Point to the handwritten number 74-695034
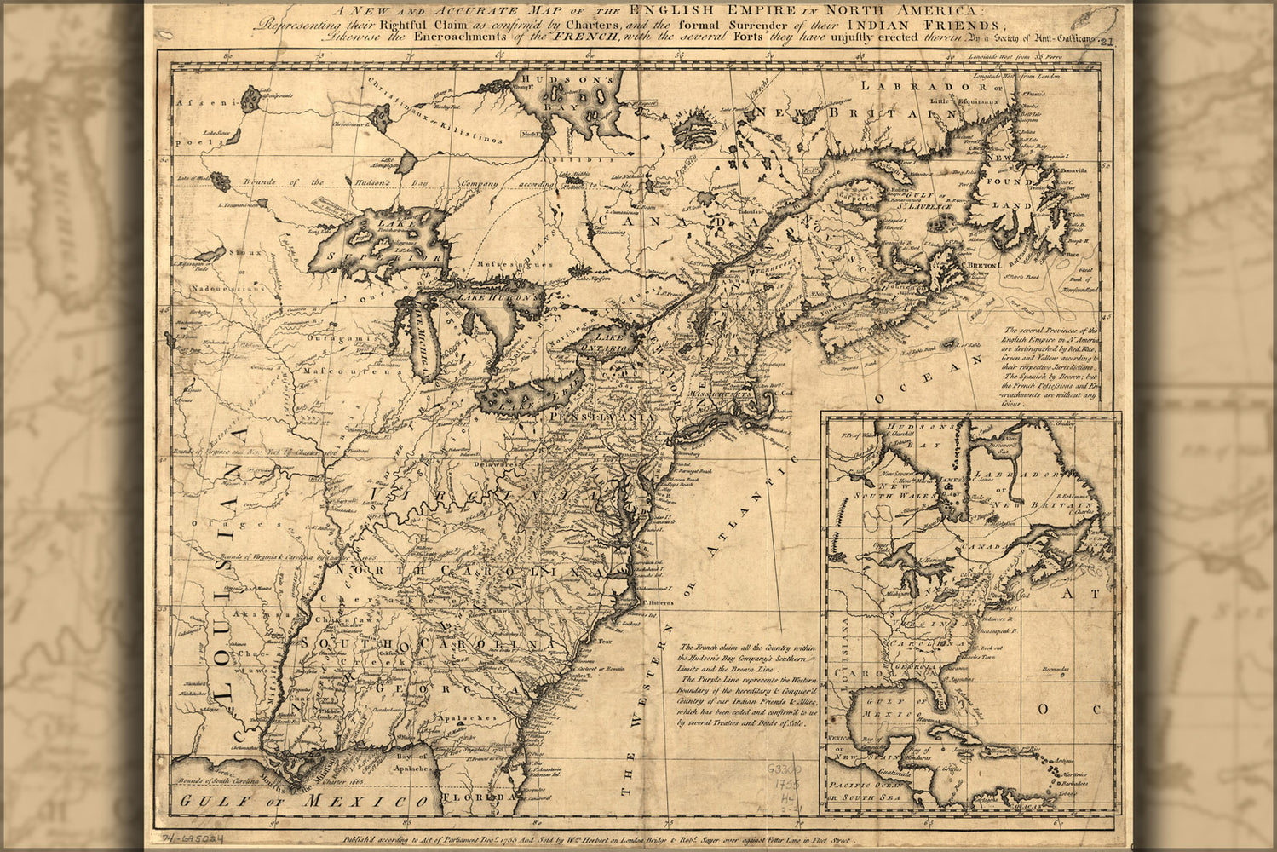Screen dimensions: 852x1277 (x=190, y=837)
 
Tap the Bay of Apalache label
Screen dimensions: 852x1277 (x=411, y=763)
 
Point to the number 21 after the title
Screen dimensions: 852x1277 (x=1107, y=40)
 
